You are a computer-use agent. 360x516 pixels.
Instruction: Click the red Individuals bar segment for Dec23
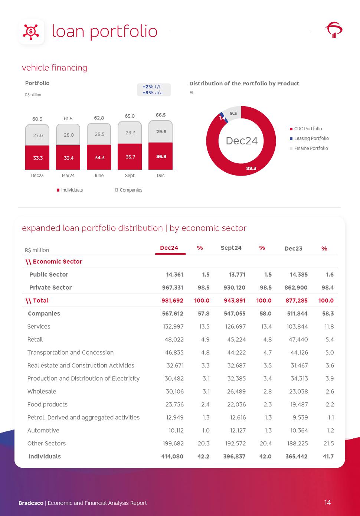tap(37, 158)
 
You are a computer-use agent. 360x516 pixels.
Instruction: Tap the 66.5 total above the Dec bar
tap(161, 115)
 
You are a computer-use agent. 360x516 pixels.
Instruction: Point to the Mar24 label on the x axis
tap(68, 176)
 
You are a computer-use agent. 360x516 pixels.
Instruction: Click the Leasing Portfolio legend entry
tap(311, 138)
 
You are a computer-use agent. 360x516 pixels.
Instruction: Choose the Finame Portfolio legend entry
tap(311, 148)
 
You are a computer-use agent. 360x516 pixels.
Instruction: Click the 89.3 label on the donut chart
tap(251, 168)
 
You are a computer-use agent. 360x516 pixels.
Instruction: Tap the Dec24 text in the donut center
tap(242, 141)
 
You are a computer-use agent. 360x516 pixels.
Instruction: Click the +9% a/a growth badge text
tap(153, 93)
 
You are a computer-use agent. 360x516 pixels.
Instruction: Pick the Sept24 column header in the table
tap(231, 248)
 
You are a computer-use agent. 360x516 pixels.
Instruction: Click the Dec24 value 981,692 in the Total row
tap(172, 301)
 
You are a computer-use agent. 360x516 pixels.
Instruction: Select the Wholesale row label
tap(42, 392)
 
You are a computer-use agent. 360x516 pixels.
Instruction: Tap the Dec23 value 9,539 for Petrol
tap(300, 418)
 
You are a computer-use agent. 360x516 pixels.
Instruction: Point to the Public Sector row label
tap(49, 275)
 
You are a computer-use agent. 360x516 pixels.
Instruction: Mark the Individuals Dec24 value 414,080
tap(172, 457)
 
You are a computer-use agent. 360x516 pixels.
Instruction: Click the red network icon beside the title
tap(31, 32)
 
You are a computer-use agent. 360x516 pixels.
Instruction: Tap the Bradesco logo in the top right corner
tap(334, 30)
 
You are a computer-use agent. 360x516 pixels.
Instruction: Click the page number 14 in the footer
tap(327, 503)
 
